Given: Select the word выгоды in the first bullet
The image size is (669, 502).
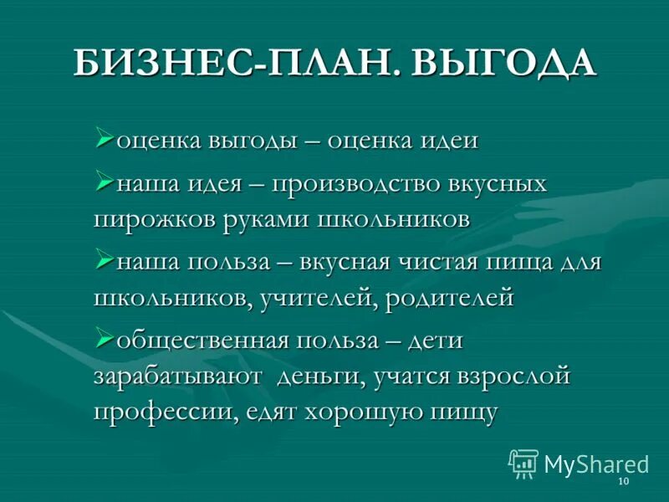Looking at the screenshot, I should pyautogui.click(x=253, y=141).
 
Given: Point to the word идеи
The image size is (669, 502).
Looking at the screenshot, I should pyautogui.click(x=444, y=141).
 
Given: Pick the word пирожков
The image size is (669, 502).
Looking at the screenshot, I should pyautogui.click(x=154, y=218).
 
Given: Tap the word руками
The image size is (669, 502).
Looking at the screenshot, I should pyautogui.click(x=266, y=218).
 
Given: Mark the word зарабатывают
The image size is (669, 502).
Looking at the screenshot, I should pyautogui.click(x=176, y=376).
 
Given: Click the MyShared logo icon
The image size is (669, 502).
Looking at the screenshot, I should pyautogui.click(x=524, y=463).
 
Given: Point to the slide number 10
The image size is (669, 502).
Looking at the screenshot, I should pyautogui.click(x=622, y=484).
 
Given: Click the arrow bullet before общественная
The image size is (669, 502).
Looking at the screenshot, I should pyautogui.click(x=105, y=339).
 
